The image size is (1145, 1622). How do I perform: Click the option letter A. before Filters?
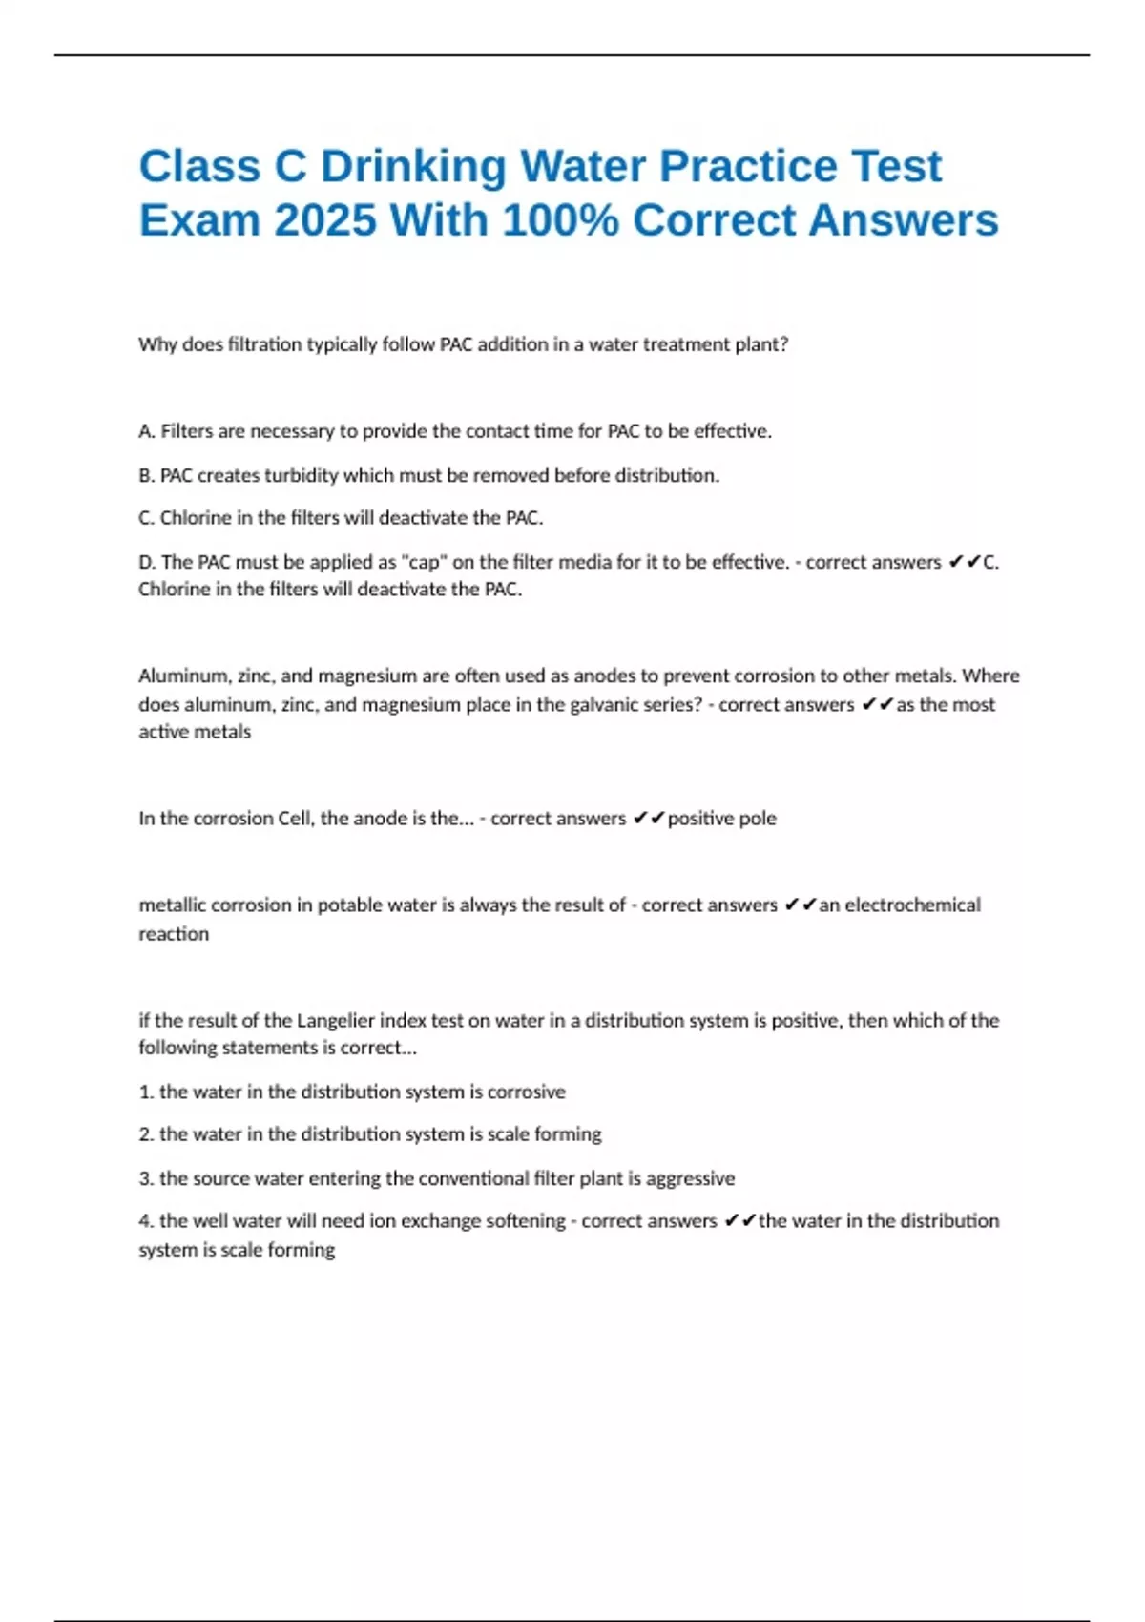point(147,431)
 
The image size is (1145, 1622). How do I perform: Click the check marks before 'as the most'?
point(876,704)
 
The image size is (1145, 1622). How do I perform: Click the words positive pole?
point(721,818)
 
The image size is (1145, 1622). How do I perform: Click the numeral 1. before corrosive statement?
point(146,1092)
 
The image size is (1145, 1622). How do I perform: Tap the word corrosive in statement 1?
point(526,1092)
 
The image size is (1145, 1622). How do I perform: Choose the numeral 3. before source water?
point(146,1178)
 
